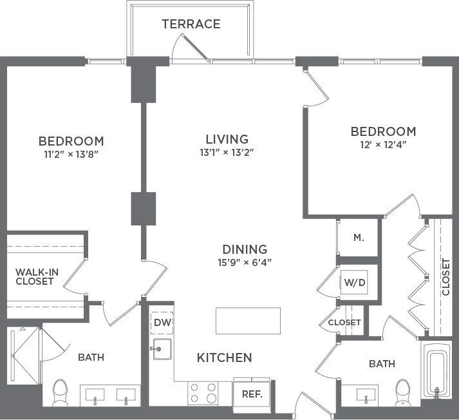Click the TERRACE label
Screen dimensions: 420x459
[191, 24]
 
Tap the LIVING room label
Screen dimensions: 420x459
[227, 139]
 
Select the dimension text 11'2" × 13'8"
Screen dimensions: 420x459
[71, 154]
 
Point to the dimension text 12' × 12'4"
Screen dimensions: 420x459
[383, 144]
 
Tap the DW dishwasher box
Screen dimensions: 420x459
[161, 323]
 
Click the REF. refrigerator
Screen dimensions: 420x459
[251, 394]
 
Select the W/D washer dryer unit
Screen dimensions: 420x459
[354, 282]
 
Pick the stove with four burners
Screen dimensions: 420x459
[203, 393]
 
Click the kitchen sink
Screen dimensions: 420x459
[162, 349]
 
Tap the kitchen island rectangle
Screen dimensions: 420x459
[248, 320]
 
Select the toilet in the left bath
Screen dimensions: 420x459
[60, 390]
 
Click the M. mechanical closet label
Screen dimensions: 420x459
[359, 237]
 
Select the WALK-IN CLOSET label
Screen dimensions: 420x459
[37, 276]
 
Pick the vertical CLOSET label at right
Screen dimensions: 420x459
[446, 278]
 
